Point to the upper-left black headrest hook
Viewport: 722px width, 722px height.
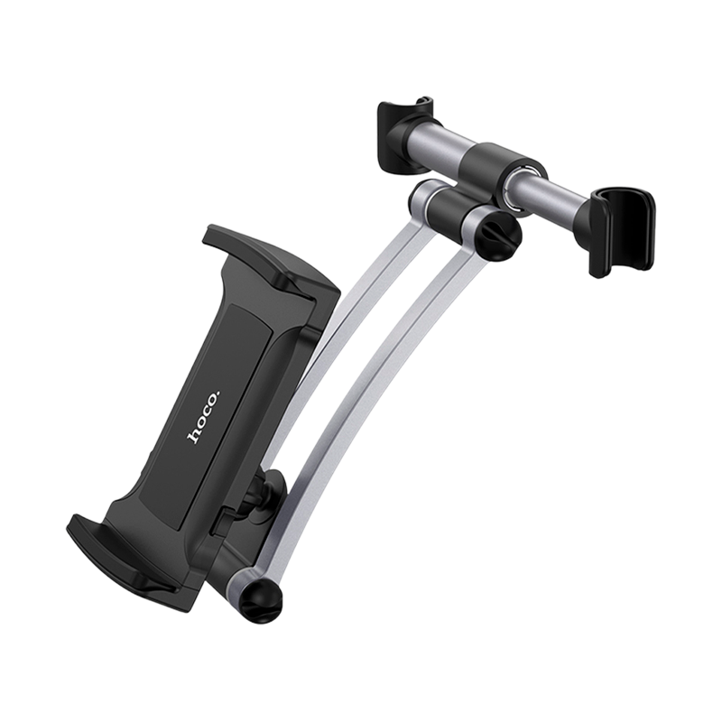[404, 134]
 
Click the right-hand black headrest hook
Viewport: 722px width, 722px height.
[622, 230]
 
